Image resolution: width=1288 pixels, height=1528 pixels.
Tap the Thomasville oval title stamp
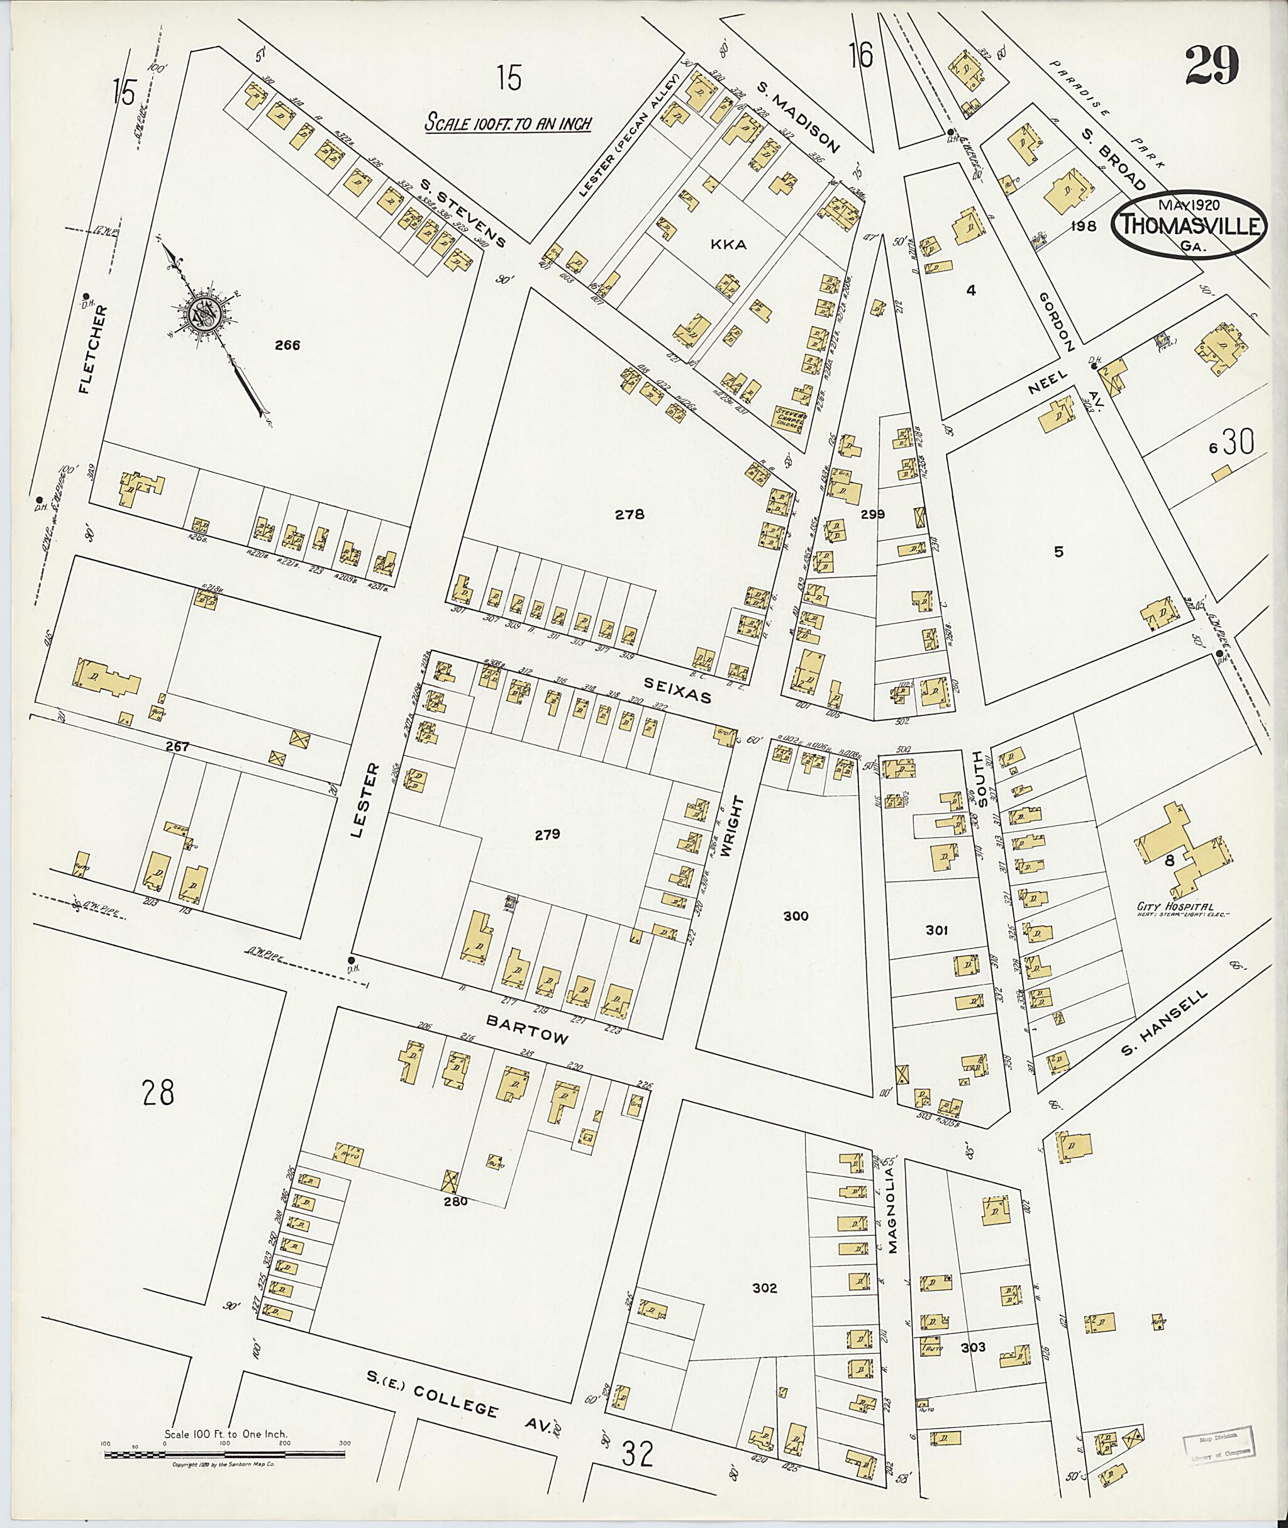tap(1189, 225)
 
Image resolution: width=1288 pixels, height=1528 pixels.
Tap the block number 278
tap(629, 514)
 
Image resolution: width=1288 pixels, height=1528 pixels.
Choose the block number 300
tap(795, 916)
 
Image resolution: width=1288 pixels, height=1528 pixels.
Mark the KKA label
tap(728, 245)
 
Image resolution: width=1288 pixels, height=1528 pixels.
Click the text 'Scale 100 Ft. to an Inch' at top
tap(508, 123)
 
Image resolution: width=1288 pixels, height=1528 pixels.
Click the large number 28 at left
tap(158, 1093)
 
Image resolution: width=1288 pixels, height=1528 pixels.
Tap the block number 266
tap(287, 345)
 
